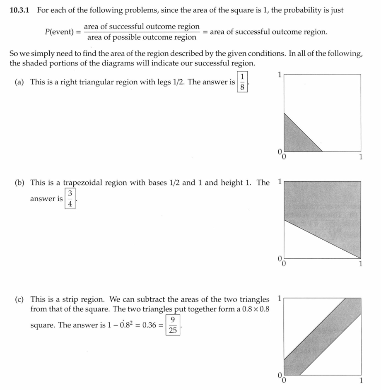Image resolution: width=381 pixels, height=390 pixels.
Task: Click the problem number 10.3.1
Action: (x=21, y=10)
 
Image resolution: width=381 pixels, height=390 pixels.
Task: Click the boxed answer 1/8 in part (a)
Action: (x=243, y=82)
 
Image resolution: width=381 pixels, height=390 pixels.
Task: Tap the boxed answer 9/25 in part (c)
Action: (x=174, y=325)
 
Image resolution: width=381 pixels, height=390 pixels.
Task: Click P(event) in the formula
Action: (x=60, y=32)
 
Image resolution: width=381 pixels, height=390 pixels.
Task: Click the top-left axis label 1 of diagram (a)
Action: (x=280, y=75)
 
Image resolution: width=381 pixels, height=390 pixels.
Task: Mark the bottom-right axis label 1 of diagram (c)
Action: (x=361, y=380)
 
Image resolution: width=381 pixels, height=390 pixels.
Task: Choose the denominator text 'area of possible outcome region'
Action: (x=142, y=38)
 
